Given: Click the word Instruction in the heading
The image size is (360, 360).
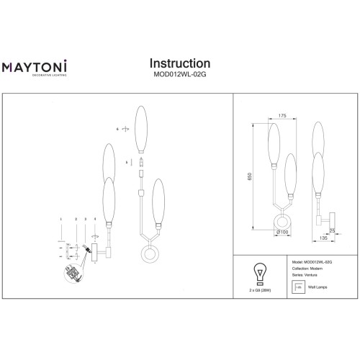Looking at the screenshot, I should click(179, 65).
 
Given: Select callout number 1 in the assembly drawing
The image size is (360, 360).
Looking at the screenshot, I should click(61, 218).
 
